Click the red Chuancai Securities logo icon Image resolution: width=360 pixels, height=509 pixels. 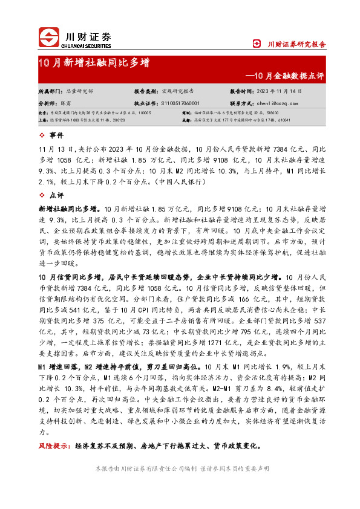point(49,37)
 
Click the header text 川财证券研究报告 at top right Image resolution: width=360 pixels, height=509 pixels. point(296,44)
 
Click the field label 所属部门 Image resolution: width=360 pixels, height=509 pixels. point(50,91)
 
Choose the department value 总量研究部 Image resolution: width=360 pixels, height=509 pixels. point(80,91)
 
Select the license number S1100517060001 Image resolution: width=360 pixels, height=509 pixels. point(185,103)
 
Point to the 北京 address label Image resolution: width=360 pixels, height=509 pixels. point(42,113)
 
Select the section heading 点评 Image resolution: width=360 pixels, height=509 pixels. point(56,195)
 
